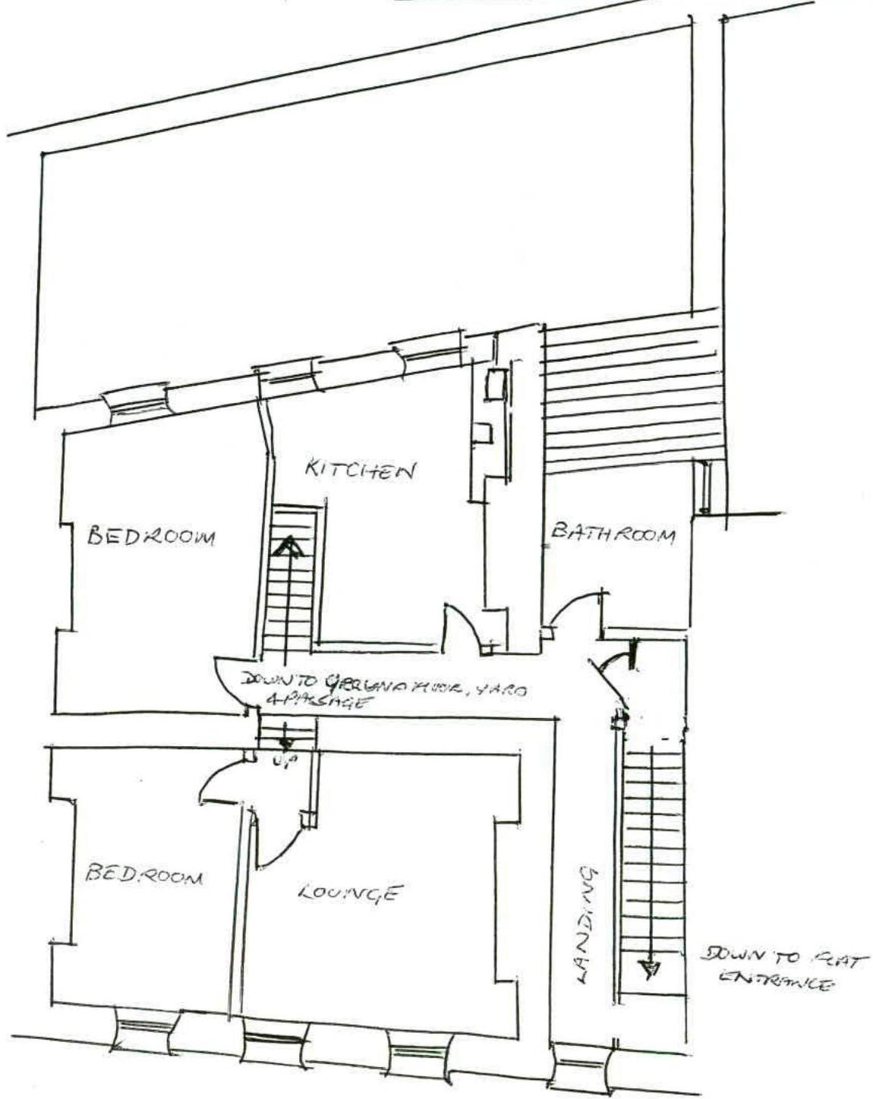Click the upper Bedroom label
(x=150, y=536)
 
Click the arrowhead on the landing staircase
(x=648, y=968)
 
